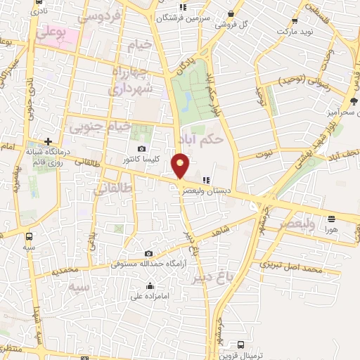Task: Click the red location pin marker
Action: (181, 166)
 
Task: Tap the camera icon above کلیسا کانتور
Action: (143, 148)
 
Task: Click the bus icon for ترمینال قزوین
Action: (241, 345)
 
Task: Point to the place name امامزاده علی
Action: (150, 296)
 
